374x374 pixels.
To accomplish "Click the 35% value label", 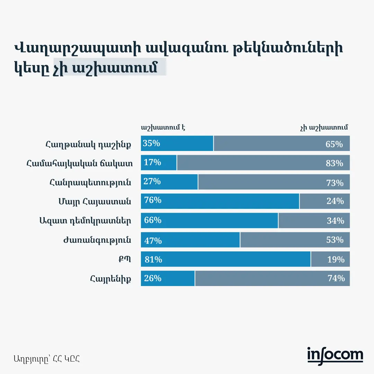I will pos(151,143).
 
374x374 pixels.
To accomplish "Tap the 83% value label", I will pos(334,163).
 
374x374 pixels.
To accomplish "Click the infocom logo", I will pos(335,356).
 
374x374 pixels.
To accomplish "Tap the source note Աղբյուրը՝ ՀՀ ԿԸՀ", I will pos(47,358).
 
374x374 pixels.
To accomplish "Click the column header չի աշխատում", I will pos(324,127).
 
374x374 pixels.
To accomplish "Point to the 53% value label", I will pos(335,240).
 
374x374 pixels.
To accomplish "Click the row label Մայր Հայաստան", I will pos(95,202).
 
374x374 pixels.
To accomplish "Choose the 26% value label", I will pos(152,278).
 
